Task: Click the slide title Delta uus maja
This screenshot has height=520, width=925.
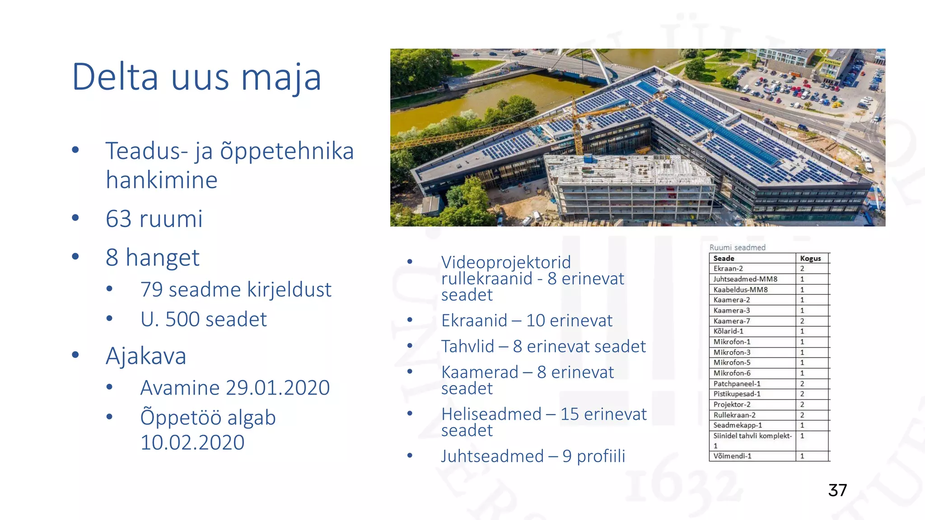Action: pyautogui.click(x=196, y=77)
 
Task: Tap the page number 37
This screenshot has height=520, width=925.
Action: pyautogui.click(x=837, y=490)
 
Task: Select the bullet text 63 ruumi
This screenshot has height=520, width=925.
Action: pyautogui.click(x=154, y=219)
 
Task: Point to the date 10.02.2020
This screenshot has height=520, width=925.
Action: pyautogui.click(x=192, y=442)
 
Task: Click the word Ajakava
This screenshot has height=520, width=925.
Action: pyautogui.click(x=146, y=356)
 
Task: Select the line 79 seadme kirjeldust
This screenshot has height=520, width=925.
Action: pyautogui.click(x=236, y=290)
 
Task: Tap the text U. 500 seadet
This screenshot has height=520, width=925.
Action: pyautogui.click(x=204, y=320)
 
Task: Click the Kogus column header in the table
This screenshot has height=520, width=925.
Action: pyautogui.click(x=810, y=259)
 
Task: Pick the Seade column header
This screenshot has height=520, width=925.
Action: pyautogui.click(x=724, y=259)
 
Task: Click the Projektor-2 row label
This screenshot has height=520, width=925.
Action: pyautogui.click(x=732, y=404)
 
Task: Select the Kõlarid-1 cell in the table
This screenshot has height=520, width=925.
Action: pyautogui.click(x=728, y=331)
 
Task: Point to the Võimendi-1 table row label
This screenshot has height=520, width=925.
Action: pyautogui.click(x=732, y=456)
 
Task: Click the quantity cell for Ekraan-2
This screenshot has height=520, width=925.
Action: pyautogui.click(x=802, y=269)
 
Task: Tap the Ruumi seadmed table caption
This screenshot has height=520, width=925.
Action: pyautogui.click(x=737, y=247)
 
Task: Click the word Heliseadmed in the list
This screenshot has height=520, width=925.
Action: pyautogui.click(x=491, y=414)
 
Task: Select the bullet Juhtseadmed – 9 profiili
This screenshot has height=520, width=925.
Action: pyautogui.click(x=533, y=456)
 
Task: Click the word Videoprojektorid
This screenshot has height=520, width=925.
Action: pyautogui.click(x=506, y=262)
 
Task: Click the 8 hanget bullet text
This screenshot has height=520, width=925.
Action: pyautogui.click(x=152, y=258)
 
